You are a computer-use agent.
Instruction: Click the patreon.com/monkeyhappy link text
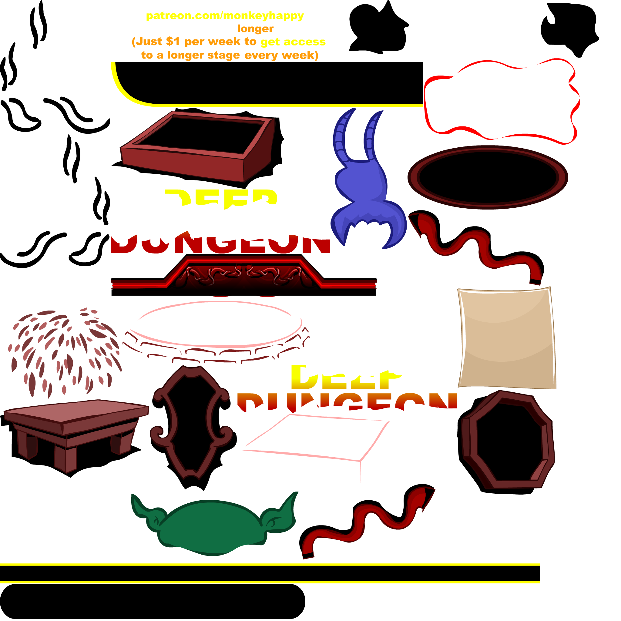click(x=225, y=16)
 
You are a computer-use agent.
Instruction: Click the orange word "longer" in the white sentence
click(x=255, y=29)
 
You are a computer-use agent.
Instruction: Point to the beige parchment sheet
click(x=507, y=337)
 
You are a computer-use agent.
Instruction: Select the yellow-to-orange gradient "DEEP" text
click(x=344, y=378)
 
